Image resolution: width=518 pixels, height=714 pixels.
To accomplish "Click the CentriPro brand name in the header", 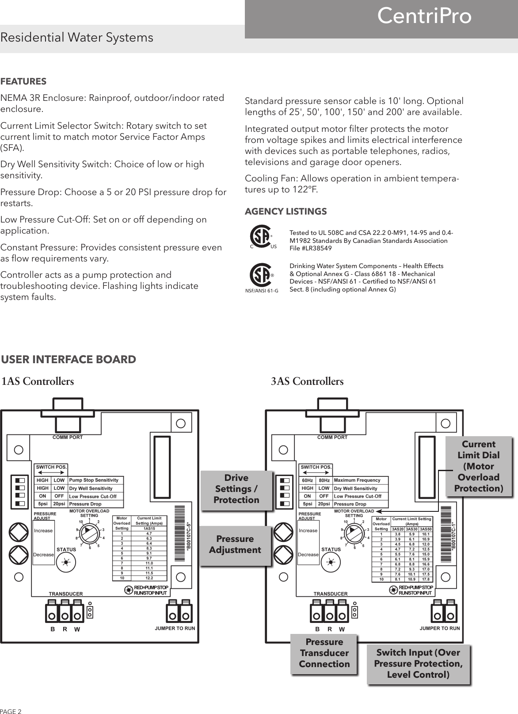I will [424, 16].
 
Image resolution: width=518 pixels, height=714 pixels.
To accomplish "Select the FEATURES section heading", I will [23, 82].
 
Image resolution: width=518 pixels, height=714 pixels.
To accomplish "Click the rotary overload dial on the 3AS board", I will [354, 533].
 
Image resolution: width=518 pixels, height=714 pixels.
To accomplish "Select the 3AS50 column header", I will [426, 529].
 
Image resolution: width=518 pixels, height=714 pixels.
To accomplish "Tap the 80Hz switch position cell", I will [324, 480].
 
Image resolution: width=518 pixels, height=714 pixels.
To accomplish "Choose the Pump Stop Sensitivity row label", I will [94, 480].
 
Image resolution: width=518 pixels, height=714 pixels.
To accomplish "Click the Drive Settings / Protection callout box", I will [236, 489].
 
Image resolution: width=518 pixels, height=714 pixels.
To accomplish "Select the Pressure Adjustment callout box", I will [235, 545].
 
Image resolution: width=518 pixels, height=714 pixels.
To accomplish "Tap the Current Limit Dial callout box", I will [478, 466].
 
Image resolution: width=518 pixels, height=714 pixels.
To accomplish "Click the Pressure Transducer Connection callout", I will [324, 653].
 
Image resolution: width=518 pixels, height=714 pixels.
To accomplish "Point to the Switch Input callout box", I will [418, 664].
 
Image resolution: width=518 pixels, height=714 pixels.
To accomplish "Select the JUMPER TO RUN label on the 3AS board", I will [439, 628].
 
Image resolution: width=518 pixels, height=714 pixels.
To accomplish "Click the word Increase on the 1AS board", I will [43, 530].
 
